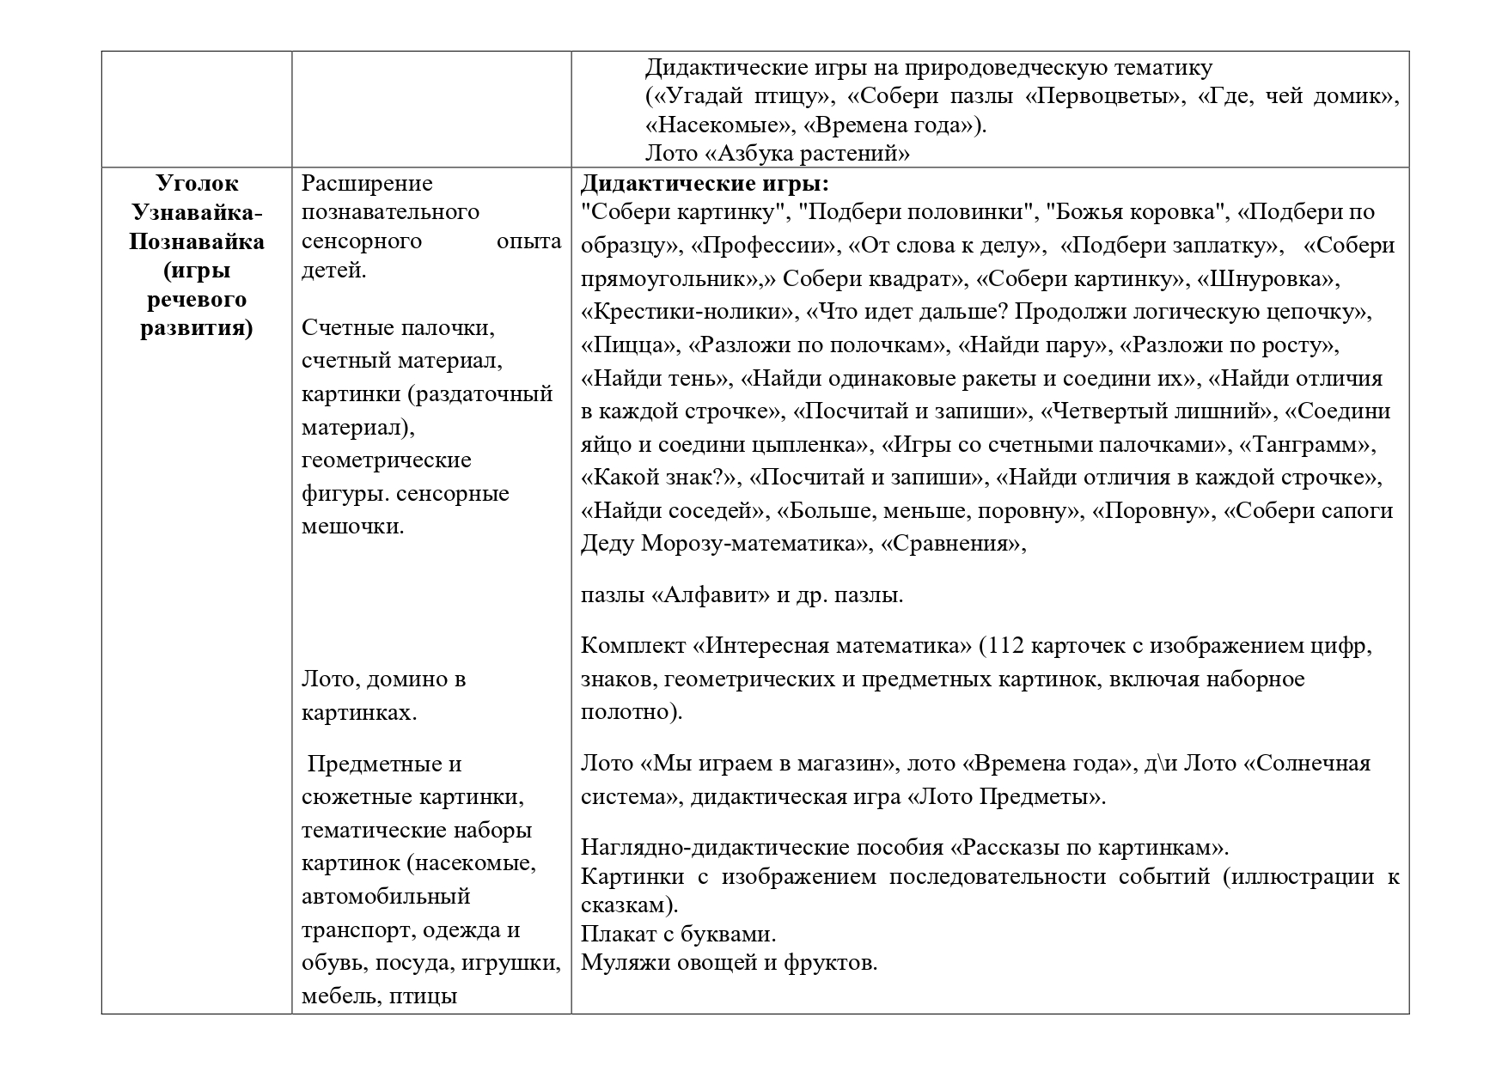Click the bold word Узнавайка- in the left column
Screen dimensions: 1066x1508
coord(197,212)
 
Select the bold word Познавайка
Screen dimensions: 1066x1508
coord(197,241)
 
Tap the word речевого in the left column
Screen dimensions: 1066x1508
coord(197,300)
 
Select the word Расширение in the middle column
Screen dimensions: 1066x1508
coord(367,184)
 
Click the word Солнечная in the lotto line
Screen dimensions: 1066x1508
coord(1311,764)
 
